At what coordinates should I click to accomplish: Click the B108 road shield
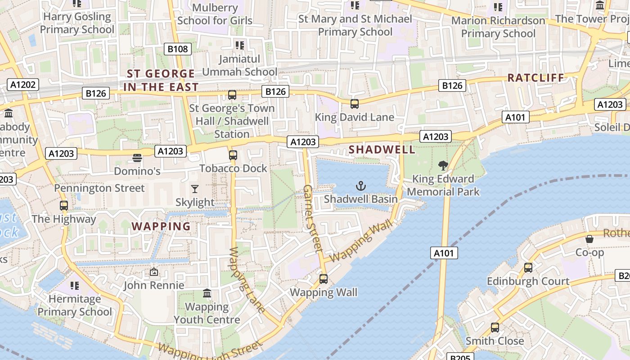coord(178,49)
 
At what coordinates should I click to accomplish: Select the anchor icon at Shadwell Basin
coord(360,185)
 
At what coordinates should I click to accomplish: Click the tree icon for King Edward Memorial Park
coord(443,166)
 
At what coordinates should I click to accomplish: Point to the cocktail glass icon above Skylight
coord(195,189)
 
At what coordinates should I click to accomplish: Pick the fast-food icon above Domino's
coord(137,158)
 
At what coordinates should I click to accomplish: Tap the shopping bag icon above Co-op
coord(589,239)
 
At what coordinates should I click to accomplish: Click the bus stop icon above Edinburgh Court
coord(528,267)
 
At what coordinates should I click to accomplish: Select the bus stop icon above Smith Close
coord(495,327)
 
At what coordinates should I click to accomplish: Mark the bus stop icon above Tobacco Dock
coord(233,155)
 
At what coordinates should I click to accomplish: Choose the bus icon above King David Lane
coord(355,104)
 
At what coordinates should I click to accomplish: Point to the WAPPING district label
coord(161,226)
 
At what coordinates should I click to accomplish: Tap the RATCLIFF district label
coord(536,78)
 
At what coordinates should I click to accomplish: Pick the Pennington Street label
coord(99,188)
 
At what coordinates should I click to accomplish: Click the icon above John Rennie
coord(154,272)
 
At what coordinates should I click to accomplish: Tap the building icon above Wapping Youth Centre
coord(207,293)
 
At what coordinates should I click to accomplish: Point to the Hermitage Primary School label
coord(75,305)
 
